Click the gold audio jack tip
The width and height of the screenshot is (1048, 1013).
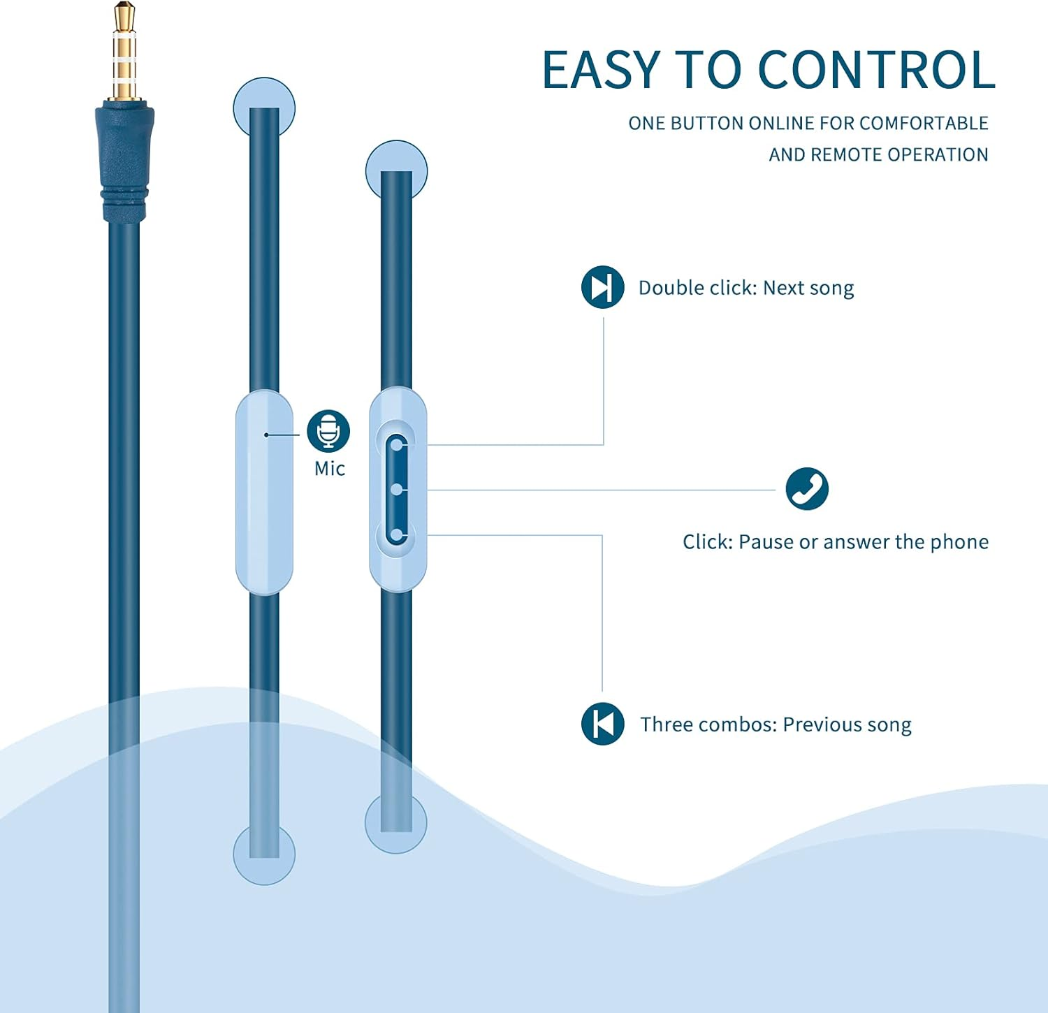(x=125, y=52)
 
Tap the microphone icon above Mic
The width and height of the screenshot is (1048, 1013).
(x=328, y=431)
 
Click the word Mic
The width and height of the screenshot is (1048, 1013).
(x=330, y=469)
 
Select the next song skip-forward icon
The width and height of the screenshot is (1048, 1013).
(x=602, y=287)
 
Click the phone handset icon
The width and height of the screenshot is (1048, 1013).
(x=807, y=488)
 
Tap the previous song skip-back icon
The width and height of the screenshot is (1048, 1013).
(x=602, y=724)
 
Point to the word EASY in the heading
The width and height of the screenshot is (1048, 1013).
(x=601, y=70)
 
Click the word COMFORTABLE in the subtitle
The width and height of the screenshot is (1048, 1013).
(x=924, y=123)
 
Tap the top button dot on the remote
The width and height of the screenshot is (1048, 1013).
(x=397, y=444)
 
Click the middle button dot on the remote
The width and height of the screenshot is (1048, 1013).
(x=397, y=490)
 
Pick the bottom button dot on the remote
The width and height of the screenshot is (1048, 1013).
(x=397, y=535)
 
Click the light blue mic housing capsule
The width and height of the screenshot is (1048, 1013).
(x=264, y=493)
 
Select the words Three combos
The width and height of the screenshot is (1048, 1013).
(x=708, y=724)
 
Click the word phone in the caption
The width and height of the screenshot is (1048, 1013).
(x=959, y=542)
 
